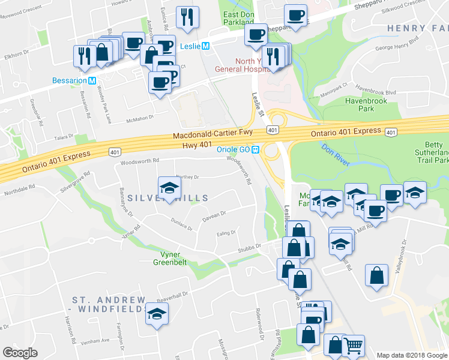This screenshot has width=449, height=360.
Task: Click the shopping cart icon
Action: pyautogui.click(x=353, y=345)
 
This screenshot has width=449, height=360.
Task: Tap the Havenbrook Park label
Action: pyautogui.click(x=368, y=106)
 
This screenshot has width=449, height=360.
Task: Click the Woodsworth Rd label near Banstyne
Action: pyautogui.click(x=139, y=161)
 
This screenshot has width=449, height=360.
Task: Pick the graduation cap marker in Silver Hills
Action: pyautogui.click(x=169, y=188)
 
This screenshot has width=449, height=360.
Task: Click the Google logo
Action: pyautogui.click(x=21, y=353)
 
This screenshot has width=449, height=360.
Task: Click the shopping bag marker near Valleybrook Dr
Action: pyautogui.click(x=376, y=275)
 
